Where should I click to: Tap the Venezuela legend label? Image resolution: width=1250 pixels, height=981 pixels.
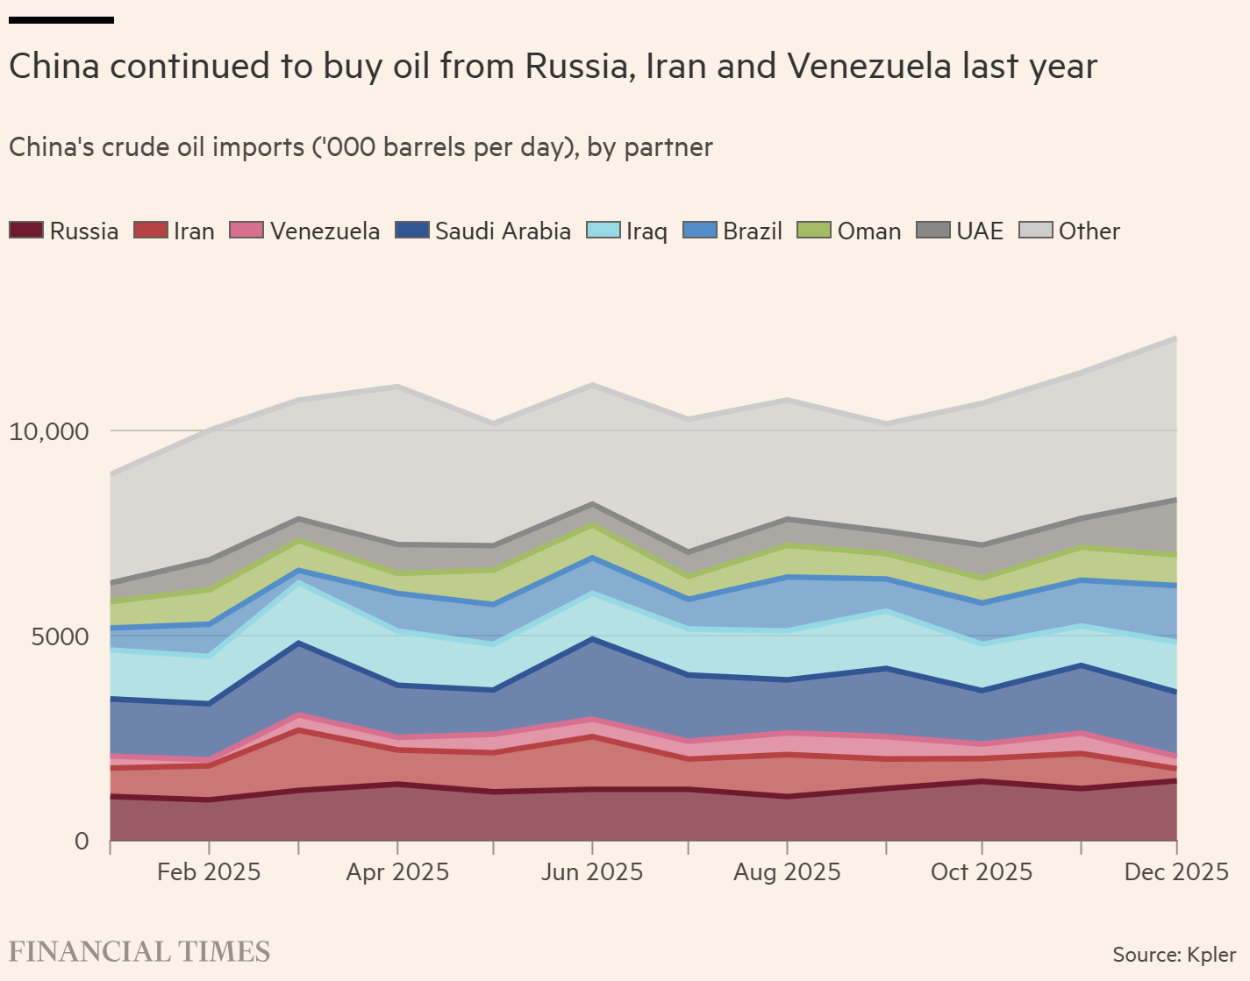pos(325,231)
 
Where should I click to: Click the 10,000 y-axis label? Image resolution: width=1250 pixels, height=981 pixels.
pos(49,431)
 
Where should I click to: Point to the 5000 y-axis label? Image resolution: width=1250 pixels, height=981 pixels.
pos(60,636)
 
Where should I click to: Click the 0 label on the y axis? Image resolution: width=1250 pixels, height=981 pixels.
pos(82,842)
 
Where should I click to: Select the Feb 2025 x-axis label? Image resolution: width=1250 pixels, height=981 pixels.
pos(209,872)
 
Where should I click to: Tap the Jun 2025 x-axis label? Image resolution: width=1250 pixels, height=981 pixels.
pos(591,872)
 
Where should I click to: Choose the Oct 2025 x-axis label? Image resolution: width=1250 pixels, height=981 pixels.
pos(981,872)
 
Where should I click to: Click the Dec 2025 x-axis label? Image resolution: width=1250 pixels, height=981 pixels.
pos(1176,872)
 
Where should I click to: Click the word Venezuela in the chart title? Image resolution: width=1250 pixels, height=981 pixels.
pos(868,67)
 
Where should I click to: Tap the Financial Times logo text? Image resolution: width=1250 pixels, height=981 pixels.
pos(139,952)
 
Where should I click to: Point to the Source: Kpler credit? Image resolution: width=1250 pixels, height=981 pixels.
pos(1174,955)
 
